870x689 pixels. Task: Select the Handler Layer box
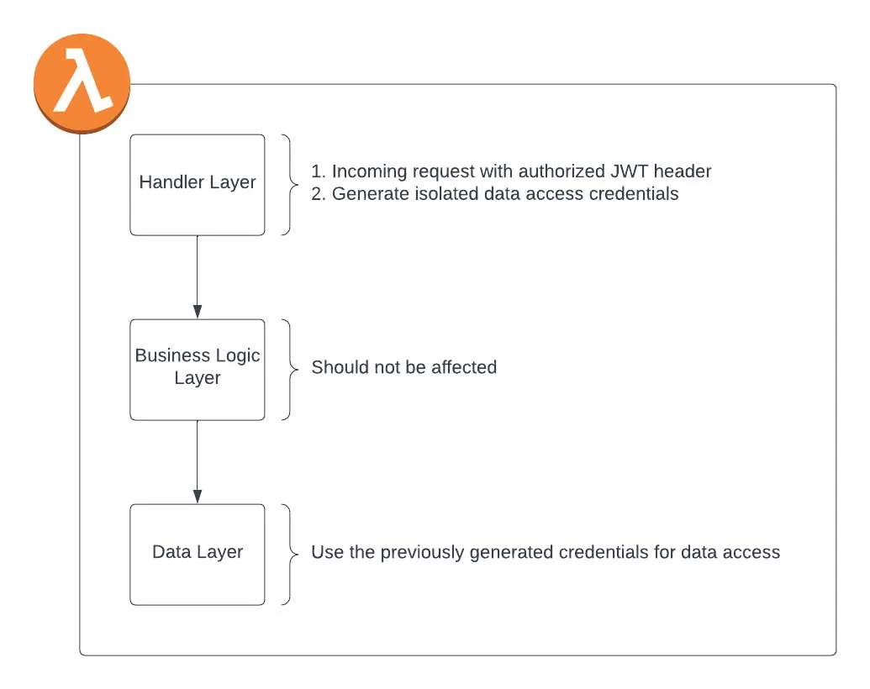point(198,184)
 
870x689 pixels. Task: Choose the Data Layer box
point(198,554)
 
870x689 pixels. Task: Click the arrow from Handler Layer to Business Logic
point(198,277)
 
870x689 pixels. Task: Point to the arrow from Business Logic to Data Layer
point(198,462)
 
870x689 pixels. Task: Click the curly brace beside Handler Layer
point(289,184)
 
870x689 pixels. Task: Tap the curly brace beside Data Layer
point(289,554)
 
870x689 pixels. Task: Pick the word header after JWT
point(683,171)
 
